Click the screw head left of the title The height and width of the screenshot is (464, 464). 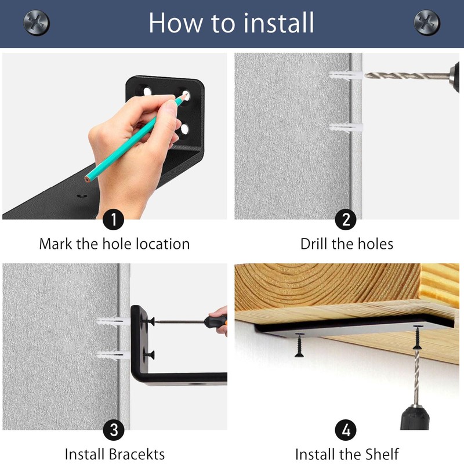37,23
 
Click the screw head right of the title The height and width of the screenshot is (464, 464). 427,23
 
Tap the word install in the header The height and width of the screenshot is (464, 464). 278,23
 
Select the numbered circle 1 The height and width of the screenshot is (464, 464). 113,219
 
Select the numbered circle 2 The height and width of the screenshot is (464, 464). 346,219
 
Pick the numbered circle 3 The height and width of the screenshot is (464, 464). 114,430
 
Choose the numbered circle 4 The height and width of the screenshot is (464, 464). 346,430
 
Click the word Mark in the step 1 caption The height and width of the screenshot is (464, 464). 56,244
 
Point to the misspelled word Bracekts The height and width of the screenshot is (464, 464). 137,454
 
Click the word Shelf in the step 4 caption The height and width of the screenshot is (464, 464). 382,454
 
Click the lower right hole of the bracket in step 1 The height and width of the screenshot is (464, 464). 184,129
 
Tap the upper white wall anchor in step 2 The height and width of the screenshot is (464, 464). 346,75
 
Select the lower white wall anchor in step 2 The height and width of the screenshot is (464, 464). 346,128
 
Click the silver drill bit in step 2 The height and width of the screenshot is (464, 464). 407,76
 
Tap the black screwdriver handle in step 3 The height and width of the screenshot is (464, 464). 215,322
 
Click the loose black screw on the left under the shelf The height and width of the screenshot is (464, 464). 299,345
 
